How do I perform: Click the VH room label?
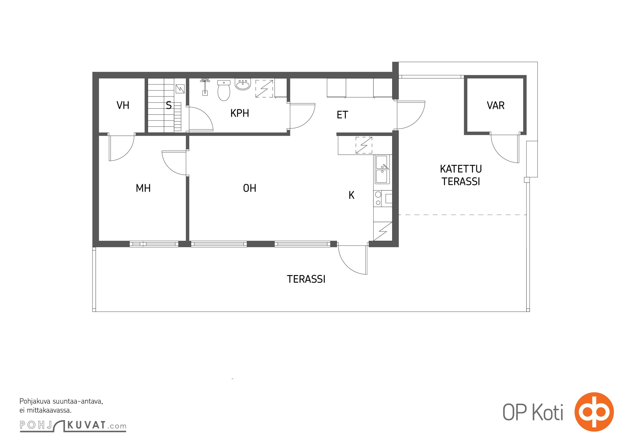pos(123,105)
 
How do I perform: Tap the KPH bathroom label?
pos(240,113)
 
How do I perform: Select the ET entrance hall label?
pos(342,115)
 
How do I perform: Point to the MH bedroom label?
pos(143,188)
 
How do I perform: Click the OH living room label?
pos(250,188)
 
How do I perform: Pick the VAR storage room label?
pos(495,105)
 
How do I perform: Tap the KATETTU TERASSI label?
pos(461,175)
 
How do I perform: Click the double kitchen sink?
pos(382,169)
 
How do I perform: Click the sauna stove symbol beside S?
pos(180,89)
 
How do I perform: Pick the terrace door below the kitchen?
pos(353,260)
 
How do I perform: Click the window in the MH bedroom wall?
pos(154,244)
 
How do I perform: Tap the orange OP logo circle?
pos(594,412)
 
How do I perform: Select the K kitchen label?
pos(351,195)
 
